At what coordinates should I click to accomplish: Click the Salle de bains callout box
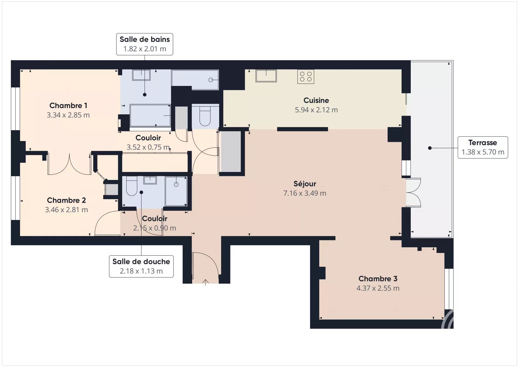click(x=145, y=44)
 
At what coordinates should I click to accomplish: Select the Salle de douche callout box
click(x=141, y=266)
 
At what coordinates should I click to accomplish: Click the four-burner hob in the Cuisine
click(x=306, y=76)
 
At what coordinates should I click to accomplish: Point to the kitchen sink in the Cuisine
click(x=266, y=76)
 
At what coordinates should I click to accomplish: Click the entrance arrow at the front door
click(x=205, y=282)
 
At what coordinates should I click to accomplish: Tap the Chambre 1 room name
click(x=68, y=105)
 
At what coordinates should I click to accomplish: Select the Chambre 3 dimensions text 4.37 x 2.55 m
click(x=378, y=288)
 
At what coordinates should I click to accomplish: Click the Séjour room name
click(x=305, y=184)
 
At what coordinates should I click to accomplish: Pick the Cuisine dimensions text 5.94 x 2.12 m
click(x=316, y=110)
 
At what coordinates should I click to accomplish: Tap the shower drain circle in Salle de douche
click(x=176, y=185)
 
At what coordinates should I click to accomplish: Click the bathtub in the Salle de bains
click(x=150, y=115)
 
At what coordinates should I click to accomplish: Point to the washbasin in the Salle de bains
click(x=141, y=75)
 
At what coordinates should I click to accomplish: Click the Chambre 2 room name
click(x=66, y=200)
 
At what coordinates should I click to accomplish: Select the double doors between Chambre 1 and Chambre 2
click(x=69, y=164)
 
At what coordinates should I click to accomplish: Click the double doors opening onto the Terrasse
click(x=414, y=192)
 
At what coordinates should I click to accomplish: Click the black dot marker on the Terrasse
click(x=430, y=148)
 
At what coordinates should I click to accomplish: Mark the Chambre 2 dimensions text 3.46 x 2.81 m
click(x=66, y=210)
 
